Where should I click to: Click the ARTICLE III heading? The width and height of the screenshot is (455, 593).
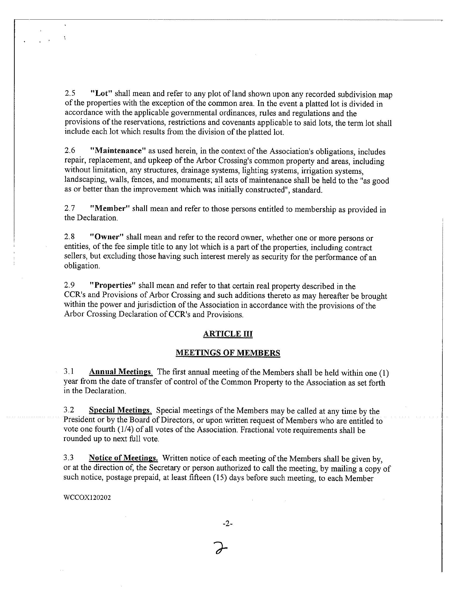coord(227,334)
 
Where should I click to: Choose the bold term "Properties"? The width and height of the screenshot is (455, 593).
coord(112,285)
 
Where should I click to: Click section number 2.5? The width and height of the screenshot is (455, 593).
coord(70,93)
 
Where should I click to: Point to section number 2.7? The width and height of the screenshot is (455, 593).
coord(69,208)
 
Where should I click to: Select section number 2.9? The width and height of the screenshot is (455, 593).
coord(69,285)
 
